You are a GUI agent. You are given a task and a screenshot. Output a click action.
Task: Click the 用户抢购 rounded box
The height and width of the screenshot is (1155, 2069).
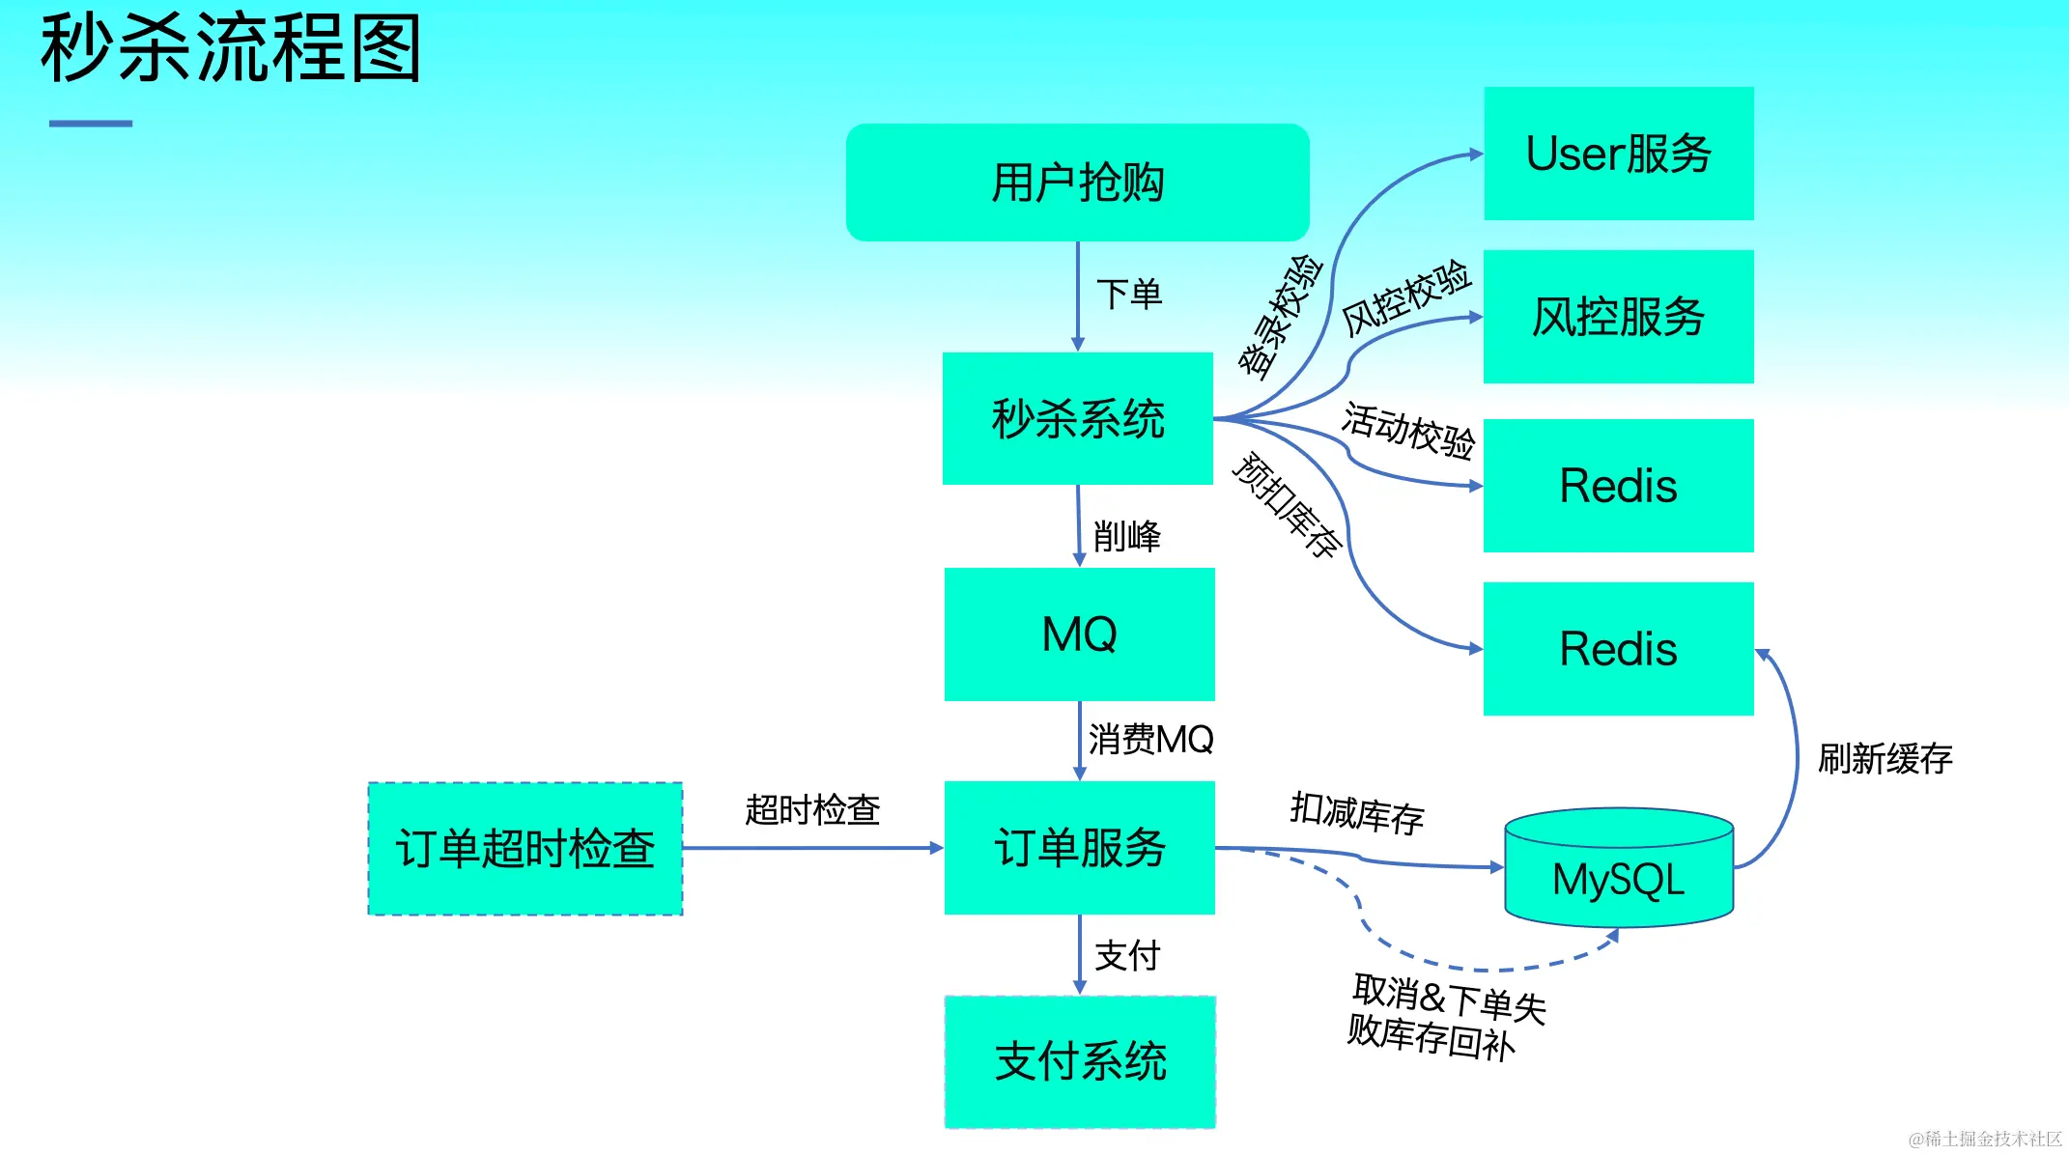[1077, 182]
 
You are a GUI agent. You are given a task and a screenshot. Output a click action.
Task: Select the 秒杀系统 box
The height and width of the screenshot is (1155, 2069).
[1077, 418]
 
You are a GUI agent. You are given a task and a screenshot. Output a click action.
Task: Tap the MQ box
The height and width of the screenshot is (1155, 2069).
[1079, 634]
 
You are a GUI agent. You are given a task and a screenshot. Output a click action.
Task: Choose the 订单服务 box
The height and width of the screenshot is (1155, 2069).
[1079, 848]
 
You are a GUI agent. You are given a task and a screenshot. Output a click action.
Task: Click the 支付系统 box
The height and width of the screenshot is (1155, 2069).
[1079, 1061]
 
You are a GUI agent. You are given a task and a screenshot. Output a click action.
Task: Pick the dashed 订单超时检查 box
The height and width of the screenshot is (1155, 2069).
[525, 848]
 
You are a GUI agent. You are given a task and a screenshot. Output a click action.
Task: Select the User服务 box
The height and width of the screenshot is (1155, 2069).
[1618, 154]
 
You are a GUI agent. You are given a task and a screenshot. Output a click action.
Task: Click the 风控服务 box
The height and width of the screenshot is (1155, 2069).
[1618, 317]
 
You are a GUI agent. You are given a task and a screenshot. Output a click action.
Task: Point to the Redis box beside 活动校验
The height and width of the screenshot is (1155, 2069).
[1618, 485]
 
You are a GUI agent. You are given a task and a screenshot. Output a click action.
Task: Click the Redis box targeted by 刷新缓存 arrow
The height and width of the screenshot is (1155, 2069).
[1618, 648]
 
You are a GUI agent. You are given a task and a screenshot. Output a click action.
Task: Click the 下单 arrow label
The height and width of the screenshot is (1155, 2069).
[1128, 294]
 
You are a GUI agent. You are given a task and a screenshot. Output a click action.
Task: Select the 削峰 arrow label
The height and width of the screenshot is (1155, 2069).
[1126, 535]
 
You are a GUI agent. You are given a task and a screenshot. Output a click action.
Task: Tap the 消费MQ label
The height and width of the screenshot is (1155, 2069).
[1150, 739]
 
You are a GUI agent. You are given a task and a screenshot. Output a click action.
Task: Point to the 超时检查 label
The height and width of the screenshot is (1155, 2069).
[812, 809]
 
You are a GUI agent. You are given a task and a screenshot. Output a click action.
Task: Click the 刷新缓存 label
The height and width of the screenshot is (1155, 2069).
[1885, 758]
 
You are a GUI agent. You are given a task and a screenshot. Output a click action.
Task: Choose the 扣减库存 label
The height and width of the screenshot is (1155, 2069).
[1357, 813]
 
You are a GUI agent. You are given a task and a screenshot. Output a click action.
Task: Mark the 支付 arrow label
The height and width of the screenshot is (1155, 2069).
[1126, 955]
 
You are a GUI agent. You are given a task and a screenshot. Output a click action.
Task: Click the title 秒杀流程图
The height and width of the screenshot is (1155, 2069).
[231, 48]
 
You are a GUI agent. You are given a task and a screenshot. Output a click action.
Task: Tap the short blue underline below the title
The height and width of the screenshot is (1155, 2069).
[91, 124]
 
